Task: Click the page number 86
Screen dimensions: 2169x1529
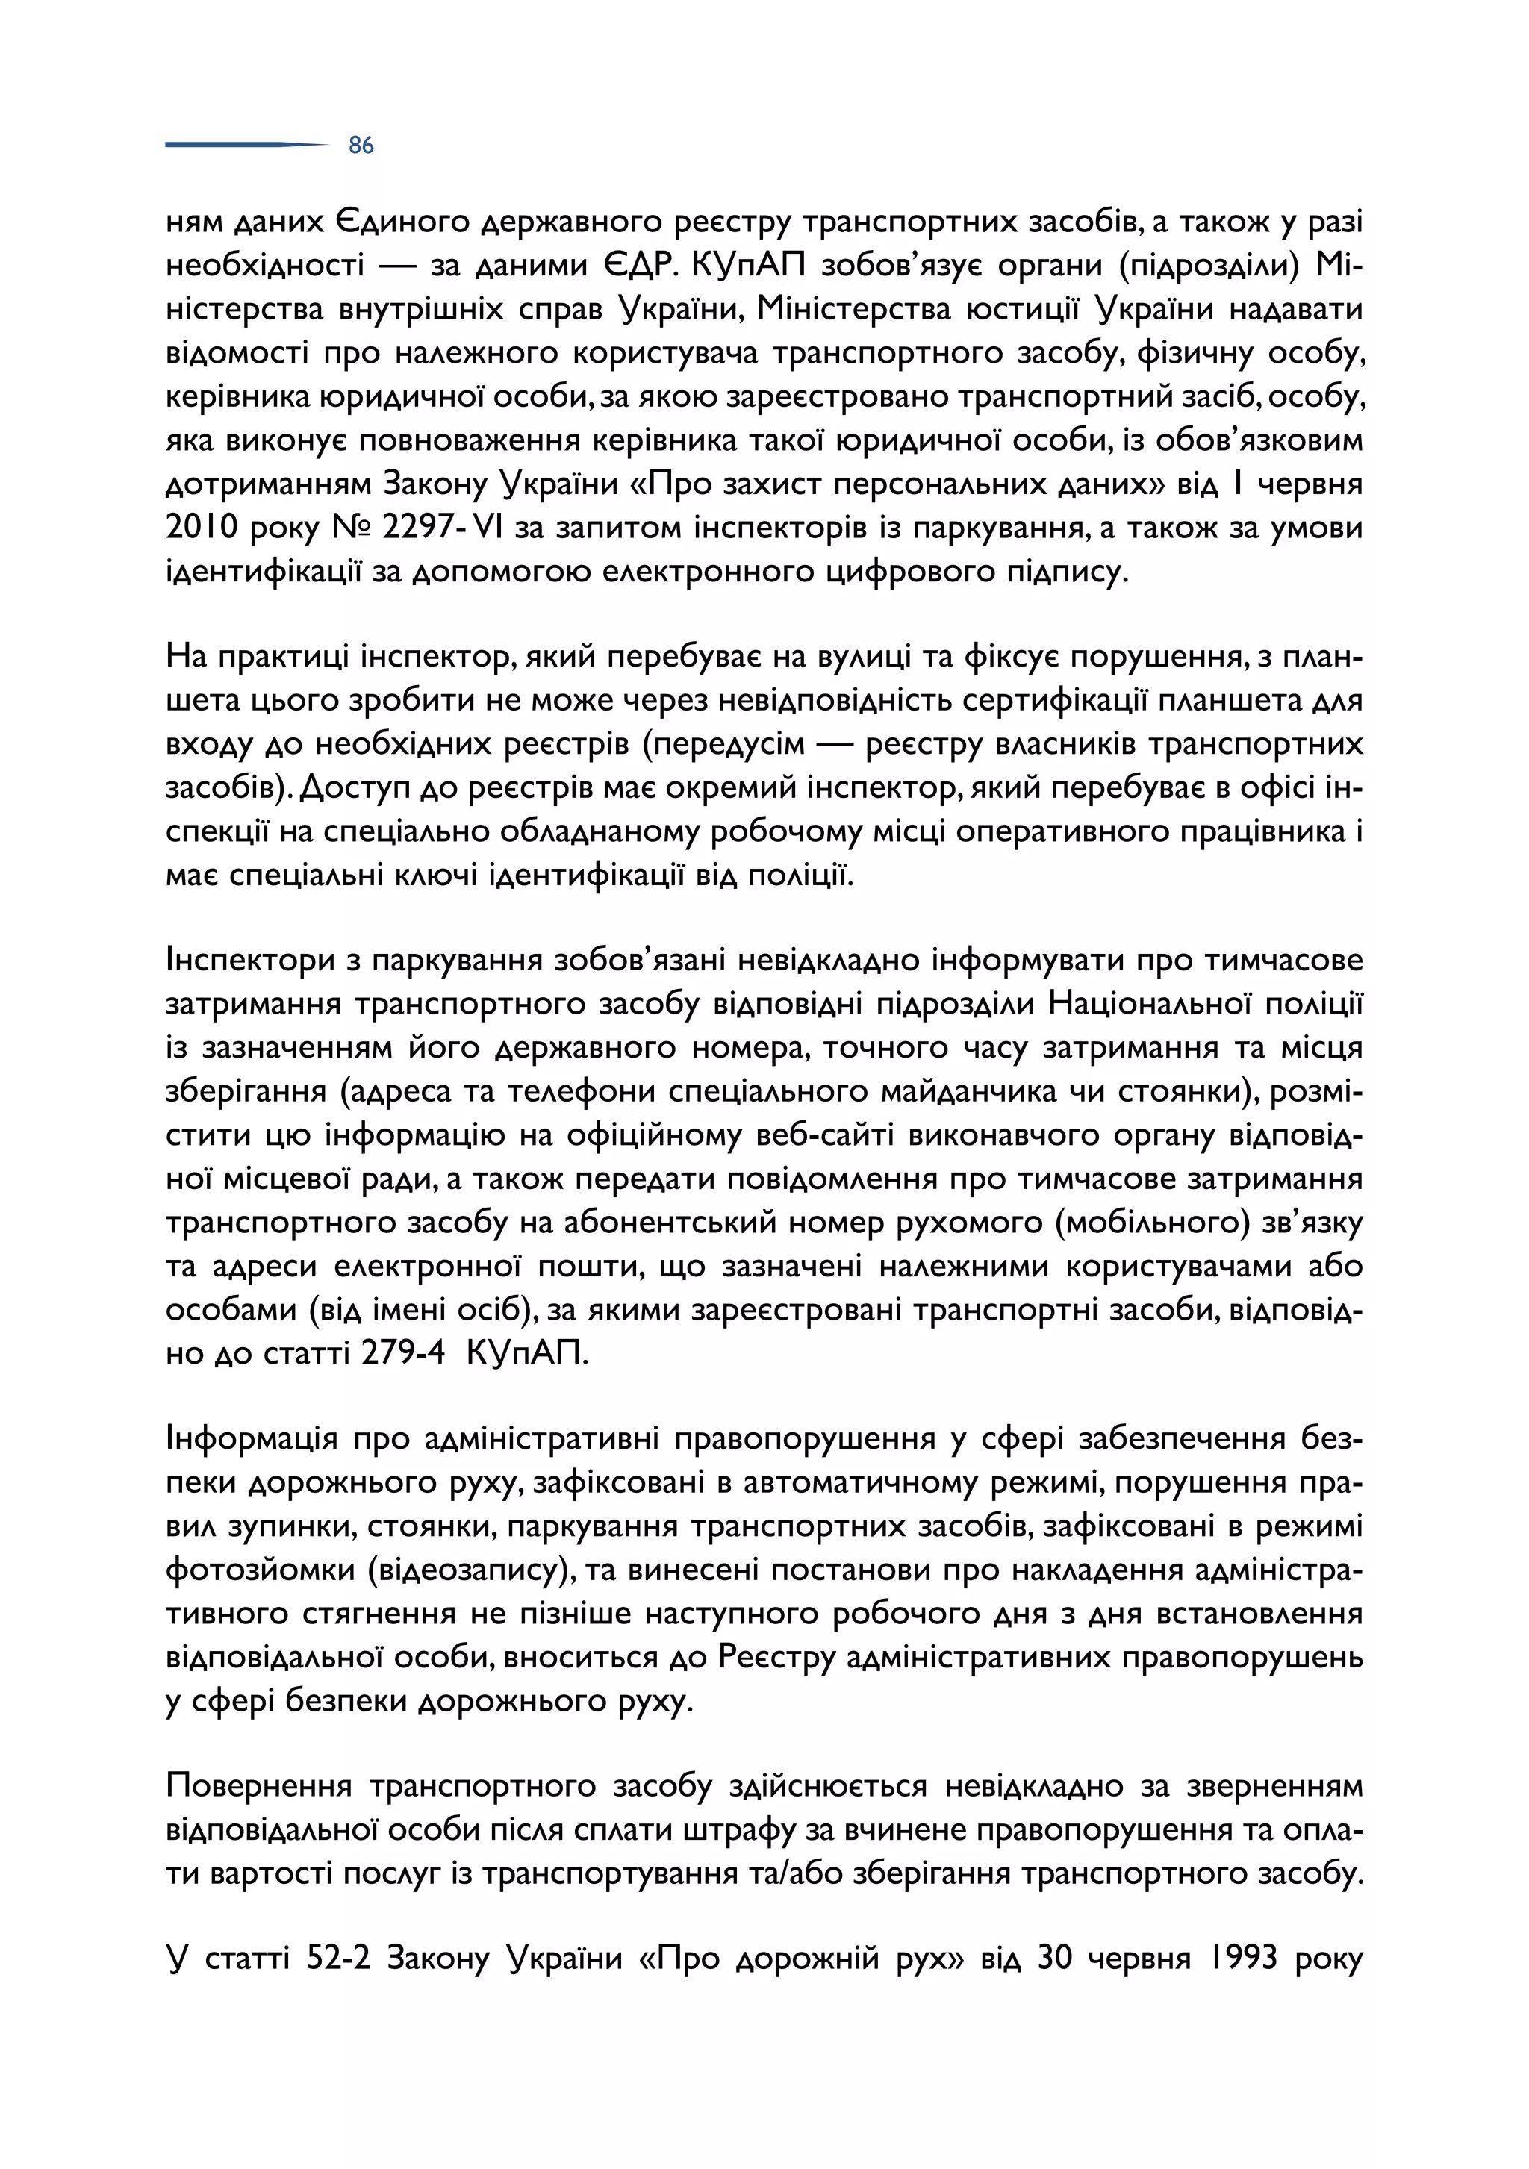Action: point(361,146)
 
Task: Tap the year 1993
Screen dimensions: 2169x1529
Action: point(1241,1959)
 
